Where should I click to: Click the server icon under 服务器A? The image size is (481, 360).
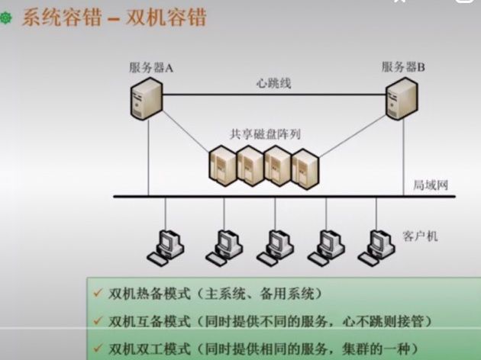click(147, 99)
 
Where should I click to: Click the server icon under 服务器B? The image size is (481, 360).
click(400, 99)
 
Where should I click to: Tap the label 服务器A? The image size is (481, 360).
click(151, 67)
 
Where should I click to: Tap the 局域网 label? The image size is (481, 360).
click(428, 185)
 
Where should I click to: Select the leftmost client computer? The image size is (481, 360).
click(167, 244)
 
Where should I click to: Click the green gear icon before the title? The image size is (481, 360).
click(7, 18)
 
